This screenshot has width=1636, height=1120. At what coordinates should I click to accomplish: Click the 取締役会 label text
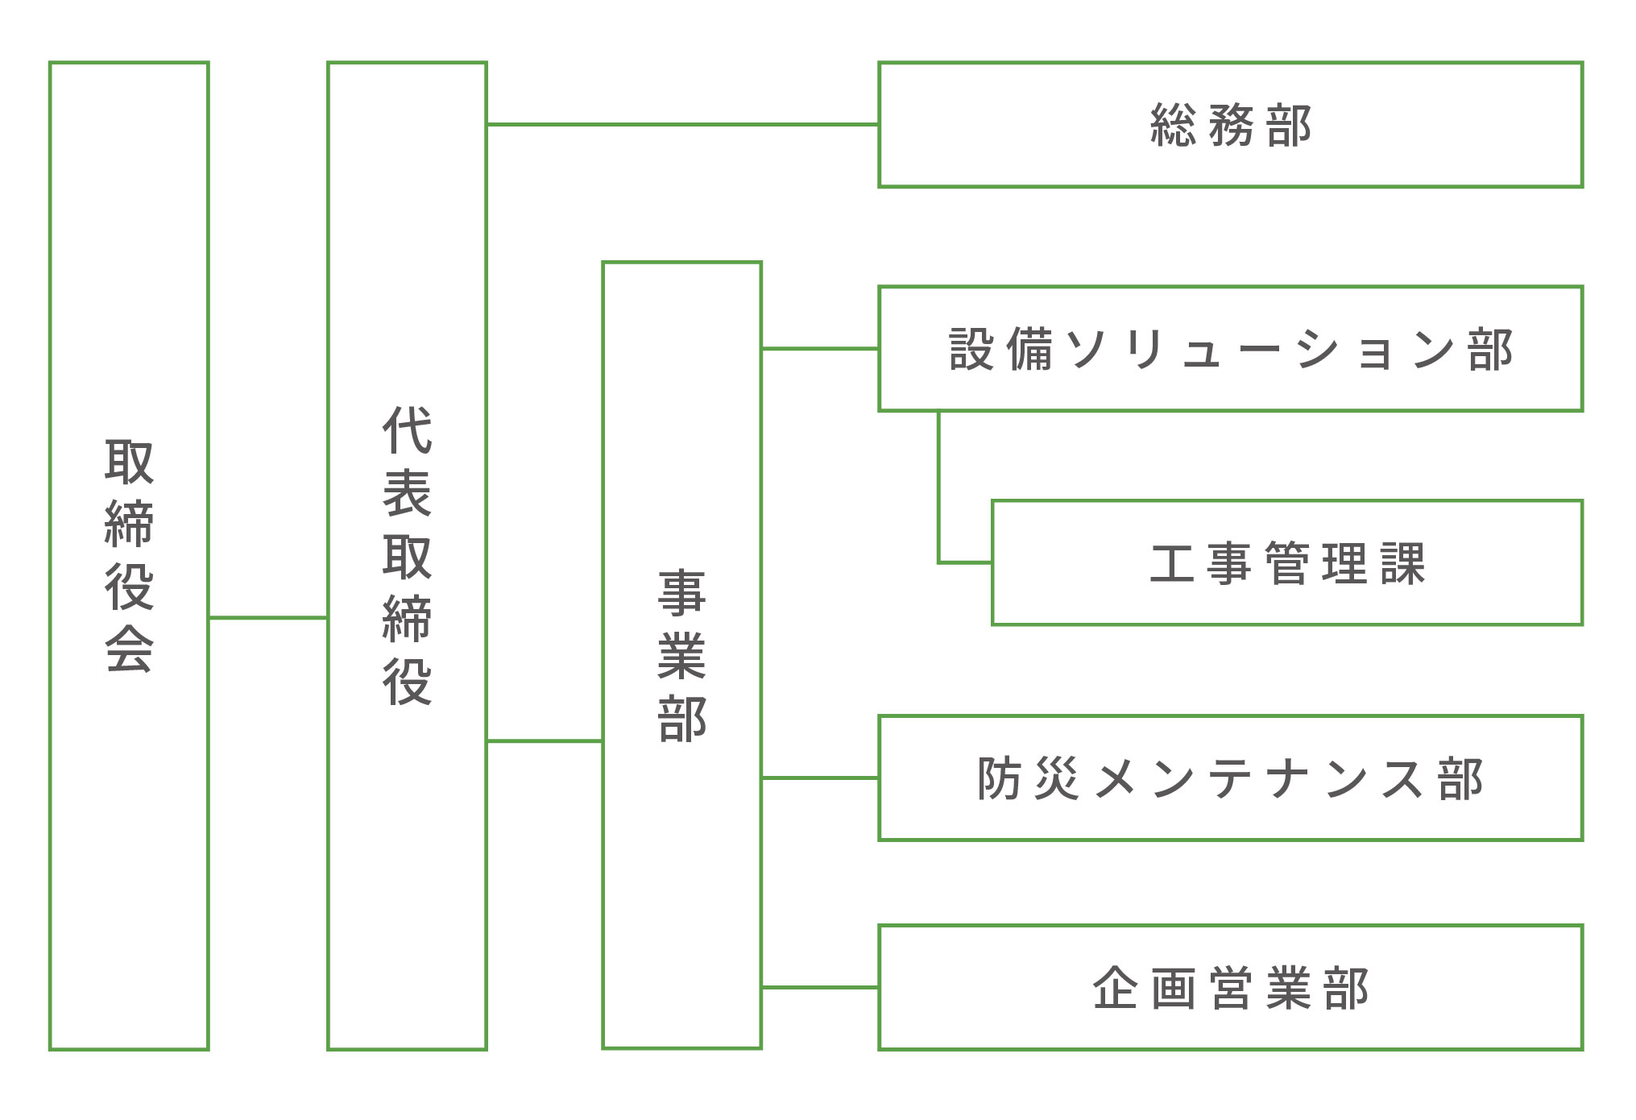(129, 555)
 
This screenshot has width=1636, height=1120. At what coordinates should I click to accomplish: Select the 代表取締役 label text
(407, 555)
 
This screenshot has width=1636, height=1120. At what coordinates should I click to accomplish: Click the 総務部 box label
(1230, 126)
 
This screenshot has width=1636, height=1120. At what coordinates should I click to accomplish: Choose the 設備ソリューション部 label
(1230, 350)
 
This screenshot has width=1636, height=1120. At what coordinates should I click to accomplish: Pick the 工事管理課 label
(1286, 563)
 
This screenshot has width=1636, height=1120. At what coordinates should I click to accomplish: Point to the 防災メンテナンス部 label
(1230, 778)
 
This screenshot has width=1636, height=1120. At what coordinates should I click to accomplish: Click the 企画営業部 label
(1230, 988)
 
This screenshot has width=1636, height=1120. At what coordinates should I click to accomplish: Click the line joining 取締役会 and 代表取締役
(268, 618)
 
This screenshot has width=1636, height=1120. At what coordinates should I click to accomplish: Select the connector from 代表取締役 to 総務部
(682, 125)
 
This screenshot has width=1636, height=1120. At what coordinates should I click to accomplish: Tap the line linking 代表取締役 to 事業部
(545, 740)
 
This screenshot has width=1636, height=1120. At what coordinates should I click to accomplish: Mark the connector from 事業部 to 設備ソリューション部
(820, 349)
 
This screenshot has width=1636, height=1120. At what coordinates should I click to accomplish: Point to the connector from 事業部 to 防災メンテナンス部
(820, 778)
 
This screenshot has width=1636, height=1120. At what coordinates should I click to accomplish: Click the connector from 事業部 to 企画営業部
(820, 987)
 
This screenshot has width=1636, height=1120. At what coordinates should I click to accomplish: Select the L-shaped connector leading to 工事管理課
(939, 500)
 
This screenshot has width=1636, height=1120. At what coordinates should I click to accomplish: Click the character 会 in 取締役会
(129, 649)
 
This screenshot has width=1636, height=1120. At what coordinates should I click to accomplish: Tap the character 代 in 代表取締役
(407, 430)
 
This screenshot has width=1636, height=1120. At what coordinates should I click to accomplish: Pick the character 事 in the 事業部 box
(681, 593)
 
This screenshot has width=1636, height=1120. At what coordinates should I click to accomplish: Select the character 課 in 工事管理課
(1402, 563)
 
